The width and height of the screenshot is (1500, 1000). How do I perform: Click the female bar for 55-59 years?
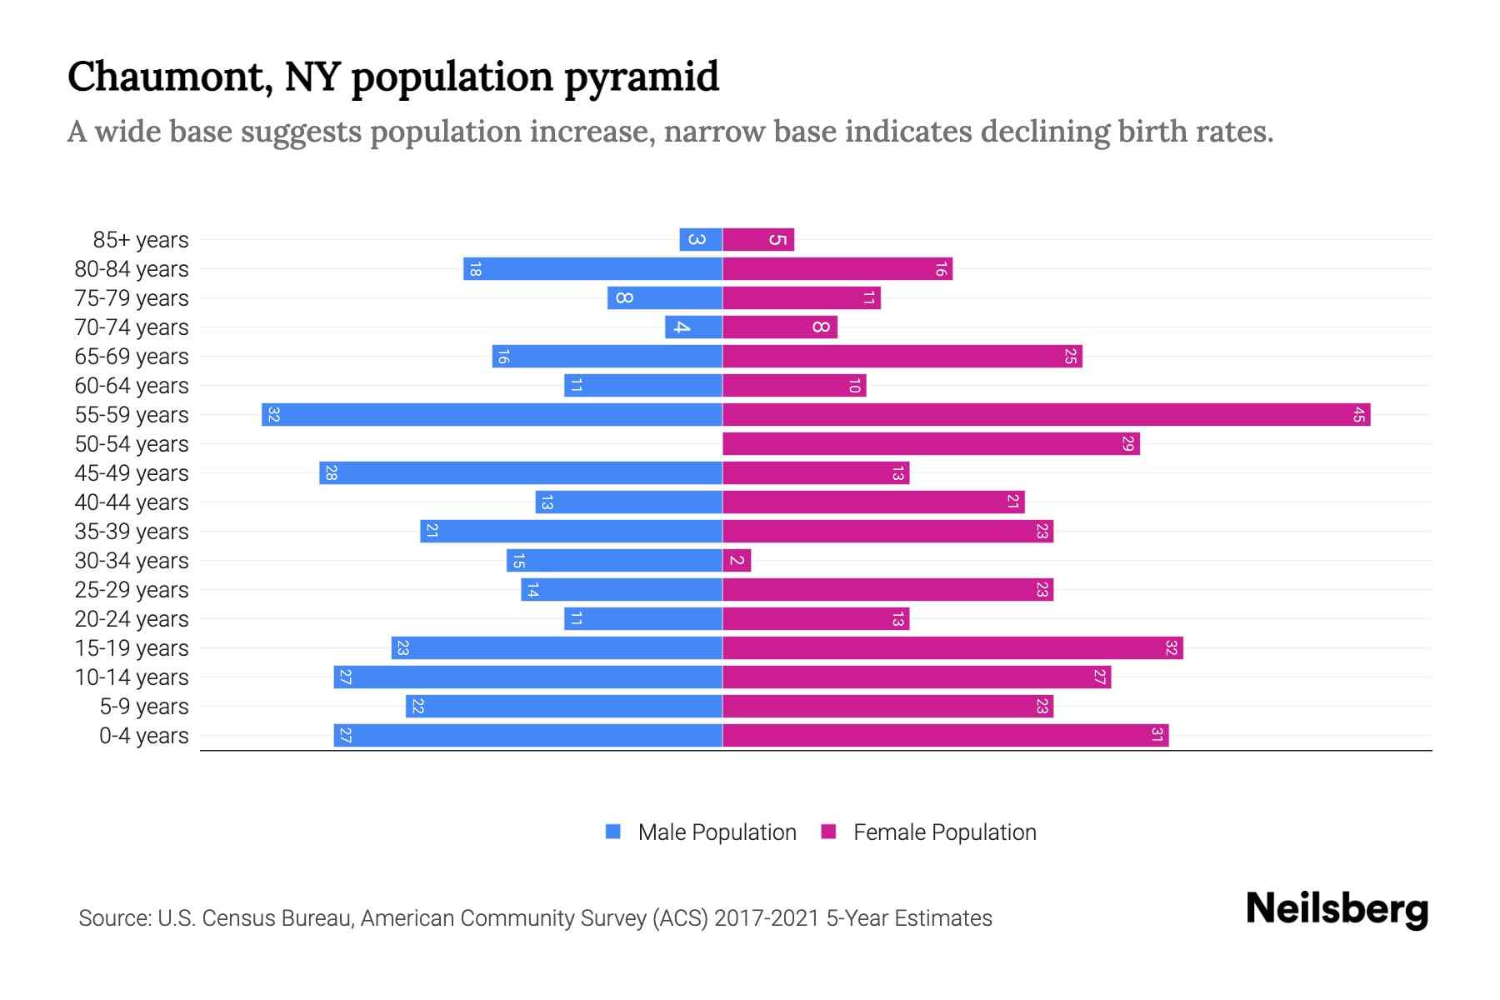[1046, 414]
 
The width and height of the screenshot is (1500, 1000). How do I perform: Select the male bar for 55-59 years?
[492, 414]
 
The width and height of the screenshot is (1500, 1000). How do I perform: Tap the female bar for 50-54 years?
[931, 443]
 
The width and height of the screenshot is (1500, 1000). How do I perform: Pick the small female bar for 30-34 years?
[737, 560]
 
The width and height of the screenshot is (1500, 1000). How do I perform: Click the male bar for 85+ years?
[700, 240]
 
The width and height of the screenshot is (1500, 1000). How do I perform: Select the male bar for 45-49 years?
[521, 472]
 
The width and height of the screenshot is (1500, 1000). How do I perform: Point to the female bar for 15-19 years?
[952, 647]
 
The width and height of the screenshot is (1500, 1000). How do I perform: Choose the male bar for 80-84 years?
[592, 269]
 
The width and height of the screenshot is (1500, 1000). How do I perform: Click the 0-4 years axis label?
[143, 736]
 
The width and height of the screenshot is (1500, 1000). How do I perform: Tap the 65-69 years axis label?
[132, 357]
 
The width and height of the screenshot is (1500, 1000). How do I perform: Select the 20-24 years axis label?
[132, 619]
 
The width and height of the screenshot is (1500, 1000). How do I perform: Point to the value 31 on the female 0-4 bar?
[1157, 735]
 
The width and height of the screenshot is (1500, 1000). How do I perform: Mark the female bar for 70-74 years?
[779, 327]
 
